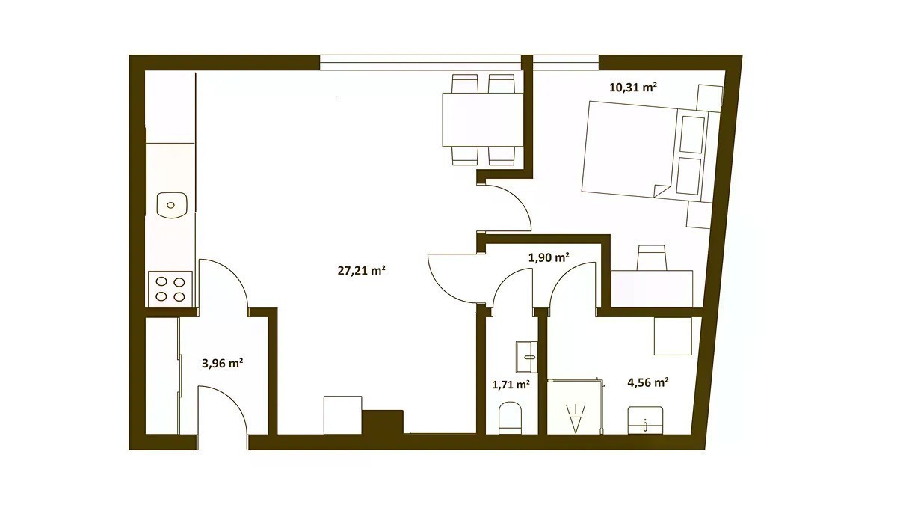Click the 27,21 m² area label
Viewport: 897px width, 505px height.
pos(361,271)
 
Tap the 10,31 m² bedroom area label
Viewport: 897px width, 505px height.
pos(632,87)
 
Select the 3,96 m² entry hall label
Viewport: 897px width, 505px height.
pos(222,364)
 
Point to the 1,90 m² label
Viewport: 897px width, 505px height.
pos(549,257)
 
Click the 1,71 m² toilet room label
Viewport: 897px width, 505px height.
pos(511,385)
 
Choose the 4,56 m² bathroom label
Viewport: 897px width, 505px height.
pos(648,382)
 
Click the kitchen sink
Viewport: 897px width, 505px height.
pos(171,205)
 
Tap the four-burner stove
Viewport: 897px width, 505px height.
pos(170,289)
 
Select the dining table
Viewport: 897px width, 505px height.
pos(483,120)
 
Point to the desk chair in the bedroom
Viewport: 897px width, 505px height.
pos(652,257)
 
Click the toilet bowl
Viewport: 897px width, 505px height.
pos(511,417)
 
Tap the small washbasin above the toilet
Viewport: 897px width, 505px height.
pos(528,356)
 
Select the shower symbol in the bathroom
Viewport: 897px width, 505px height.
pos(576,418)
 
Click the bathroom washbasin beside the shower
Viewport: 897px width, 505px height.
pos(645,420)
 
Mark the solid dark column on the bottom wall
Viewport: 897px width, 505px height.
pos(383,422)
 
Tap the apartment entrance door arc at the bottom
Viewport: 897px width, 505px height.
pos(232,405)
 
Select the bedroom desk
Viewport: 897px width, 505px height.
pos(652,289)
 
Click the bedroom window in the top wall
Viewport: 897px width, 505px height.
pos(566,63)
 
